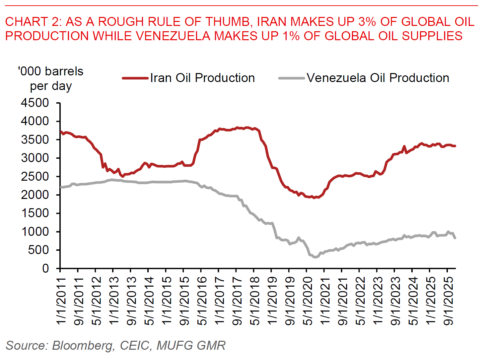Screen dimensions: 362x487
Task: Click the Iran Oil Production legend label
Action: [x=202, y=78]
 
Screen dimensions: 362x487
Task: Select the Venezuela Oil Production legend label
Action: [x=378, y=78]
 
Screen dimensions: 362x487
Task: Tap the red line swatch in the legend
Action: [x=135, y=78]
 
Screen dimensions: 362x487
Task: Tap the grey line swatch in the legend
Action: [x=292, y=78]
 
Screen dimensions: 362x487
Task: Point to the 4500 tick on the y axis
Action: [x=35, y=103]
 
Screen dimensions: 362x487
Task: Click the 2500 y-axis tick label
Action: [x=35, y=176]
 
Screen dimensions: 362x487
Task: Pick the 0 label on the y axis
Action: [x=45, y=268]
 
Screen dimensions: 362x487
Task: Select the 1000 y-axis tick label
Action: [x=35, y=231]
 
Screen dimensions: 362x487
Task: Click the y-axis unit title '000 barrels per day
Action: [x=51, y=79]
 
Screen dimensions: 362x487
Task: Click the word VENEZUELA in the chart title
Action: [x=173, y=36]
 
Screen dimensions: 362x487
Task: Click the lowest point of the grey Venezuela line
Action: [x=314, y=257]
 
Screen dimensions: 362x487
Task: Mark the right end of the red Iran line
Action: [x=455, y=146]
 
